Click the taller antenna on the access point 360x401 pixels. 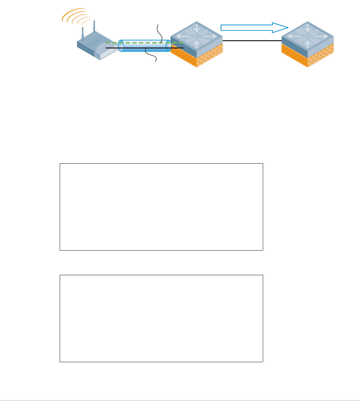coord(94,28)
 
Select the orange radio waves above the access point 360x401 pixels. coord(75,18)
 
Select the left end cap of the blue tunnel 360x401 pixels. coord(121,46)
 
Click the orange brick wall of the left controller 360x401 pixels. coord(197,58)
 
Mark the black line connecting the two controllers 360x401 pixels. coord(252,40)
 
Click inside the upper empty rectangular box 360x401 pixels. coord(161,206)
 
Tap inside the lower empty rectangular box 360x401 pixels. coord(161,318)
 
